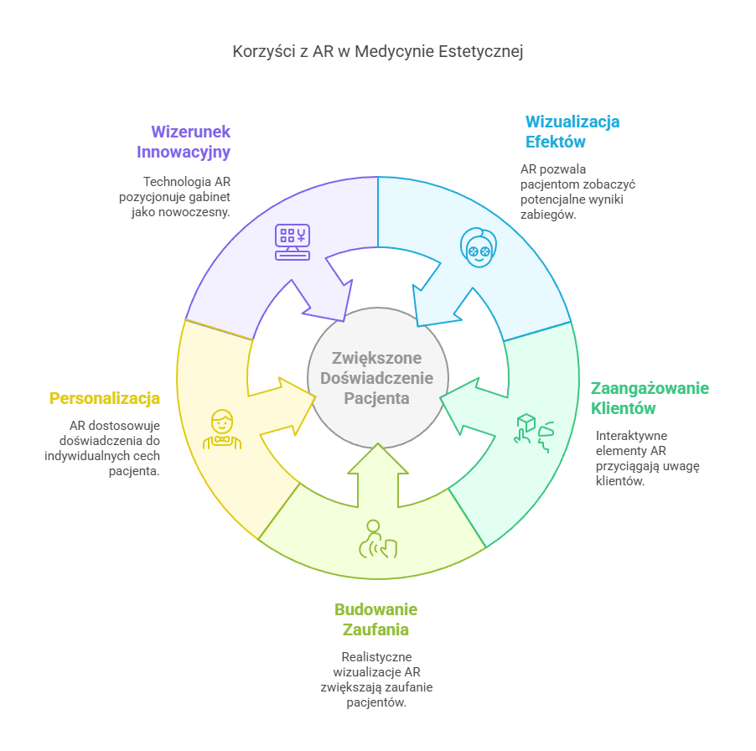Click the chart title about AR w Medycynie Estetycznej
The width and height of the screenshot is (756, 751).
[378, 52]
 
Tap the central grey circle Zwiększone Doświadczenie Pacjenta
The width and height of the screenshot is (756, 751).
[377, 377]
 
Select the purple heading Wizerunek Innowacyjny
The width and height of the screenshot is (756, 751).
[184, 142]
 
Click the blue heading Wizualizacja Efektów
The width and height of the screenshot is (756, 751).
[572, 132]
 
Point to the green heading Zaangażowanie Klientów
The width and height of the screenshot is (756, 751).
[650, 398]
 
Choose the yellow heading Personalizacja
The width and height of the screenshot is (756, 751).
[105, 398]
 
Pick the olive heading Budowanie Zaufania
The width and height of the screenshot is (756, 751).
[375, 619]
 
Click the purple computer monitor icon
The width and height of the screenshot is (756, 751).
[293, 242]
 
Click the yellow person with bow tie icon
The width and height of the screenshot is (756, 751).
[221, 429]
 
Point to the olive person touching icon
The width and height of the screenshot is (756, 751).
[377, 539]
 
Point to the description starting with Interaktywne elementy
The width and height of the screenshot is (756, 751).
[647, 458]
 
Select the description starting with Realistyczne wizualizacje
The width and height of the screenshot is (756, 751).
[376, 680]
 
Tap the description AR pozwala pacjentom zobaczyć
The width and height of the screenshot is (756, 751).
[577, 191]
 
